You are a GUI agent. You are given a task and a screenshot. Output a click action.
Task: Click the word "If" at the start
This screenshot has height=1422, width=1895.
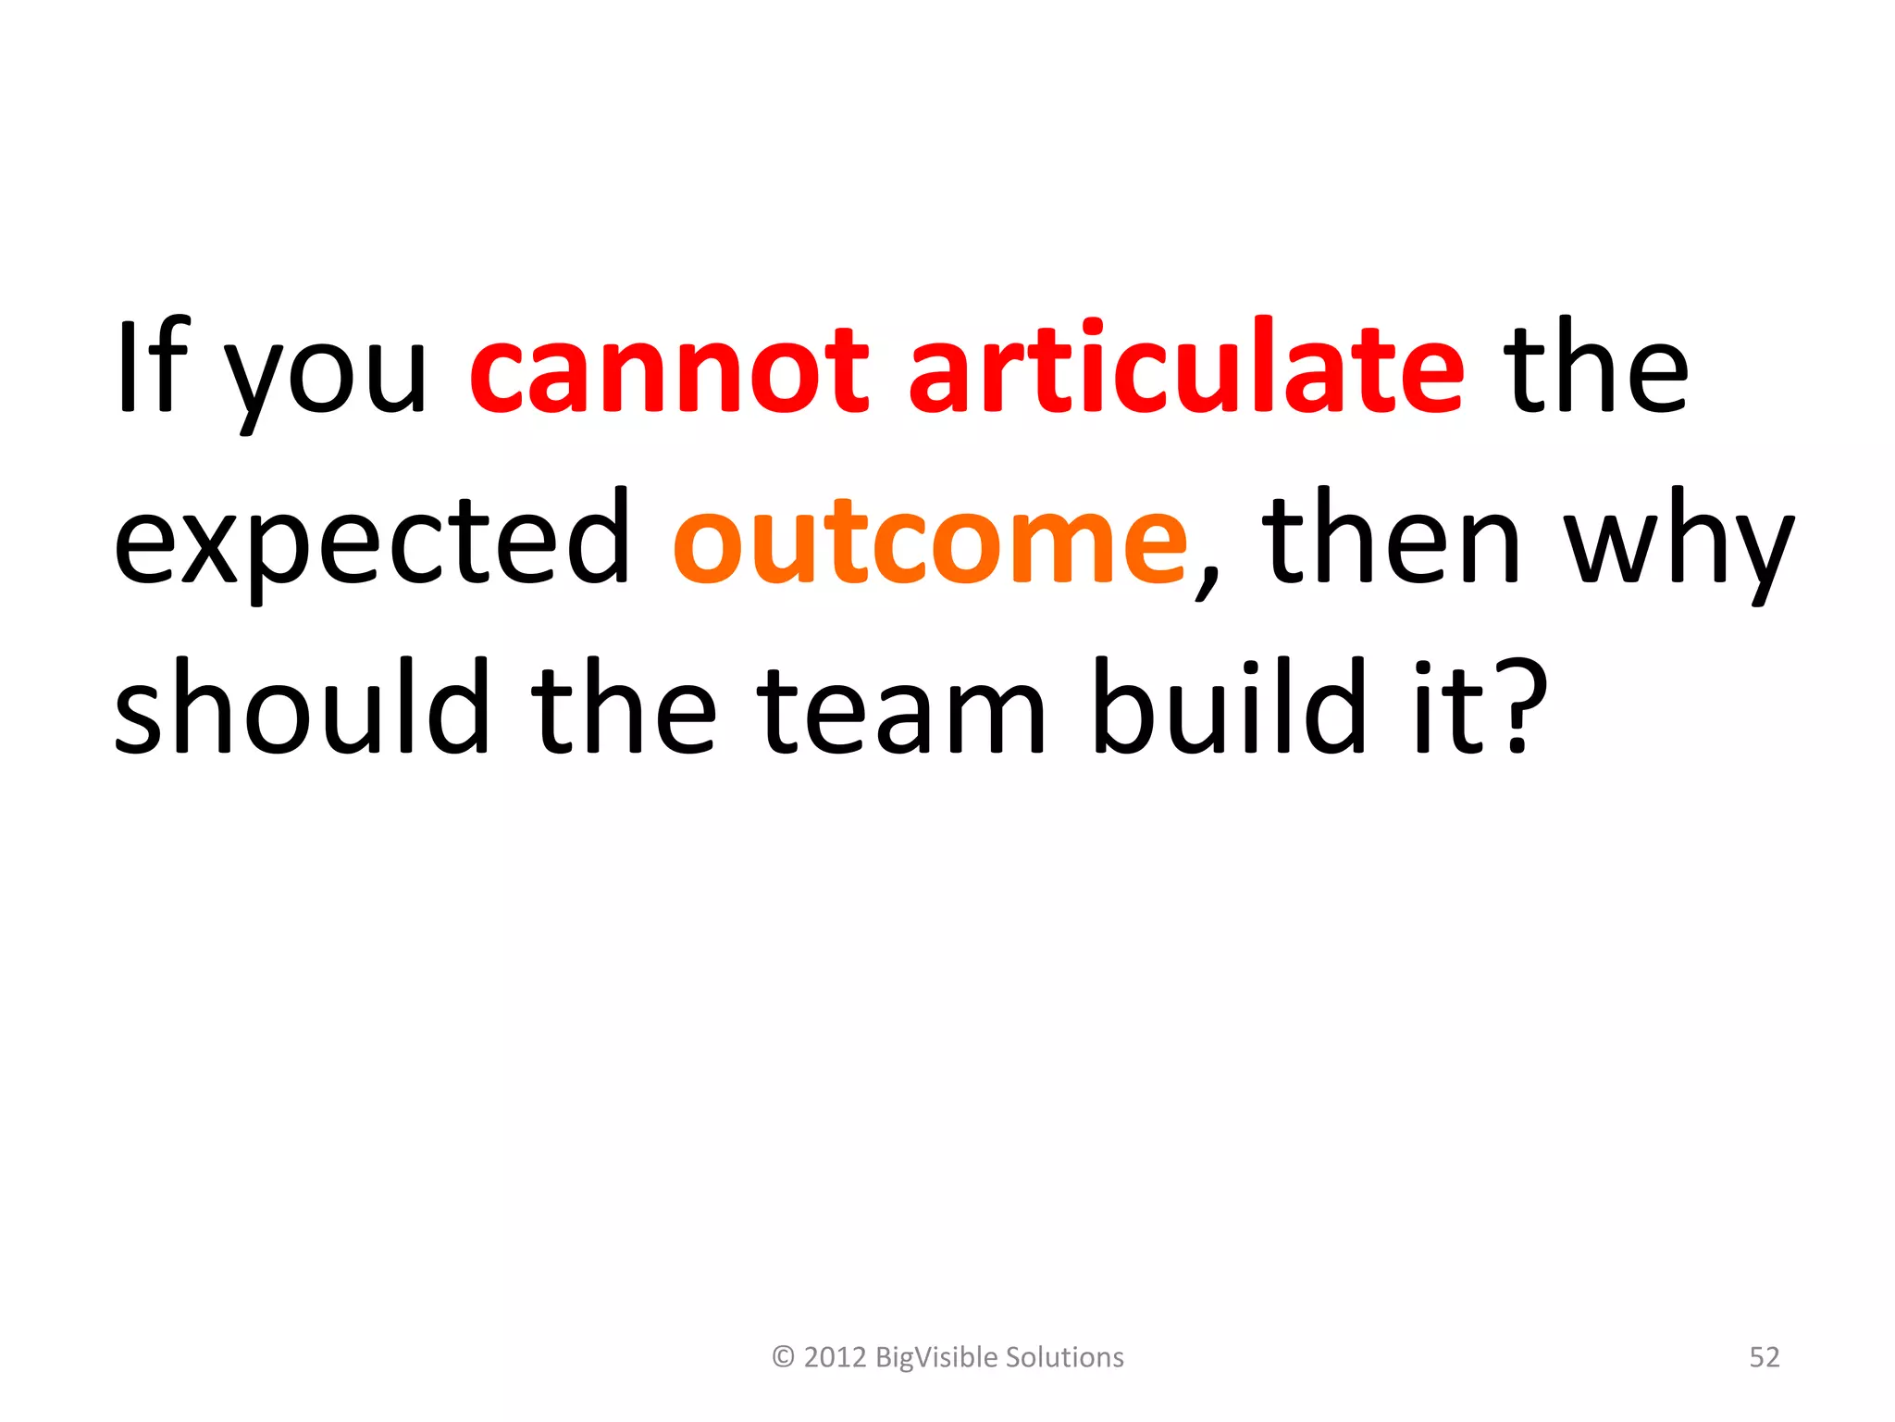point(152,365)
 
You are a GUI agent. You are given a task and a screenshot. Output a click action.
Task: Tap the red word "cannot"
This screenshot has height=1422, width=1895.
point(669,370)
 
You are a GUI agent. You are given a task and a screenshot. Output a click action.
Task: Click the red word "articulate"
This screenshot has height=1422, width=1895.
point(1186,365)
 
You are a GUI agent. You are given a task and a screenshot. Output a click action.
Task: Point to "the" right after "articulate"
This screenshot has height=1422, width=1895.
point(1595,365)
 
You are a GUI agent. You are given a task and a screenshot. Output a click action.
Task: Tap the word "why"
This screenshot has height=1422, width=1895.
point(1678,546)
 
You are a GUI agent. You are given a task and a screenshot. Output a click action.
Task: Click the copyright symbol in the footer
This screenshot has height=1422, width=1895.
point(783,1357)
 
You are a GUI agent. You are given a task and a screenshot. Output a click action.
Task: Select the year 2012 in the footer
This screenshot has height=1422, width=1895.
point(835,1357)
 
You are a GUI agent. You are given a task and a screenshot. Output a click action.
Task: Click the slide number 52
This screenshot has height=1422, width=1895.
point(1764,1357)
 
